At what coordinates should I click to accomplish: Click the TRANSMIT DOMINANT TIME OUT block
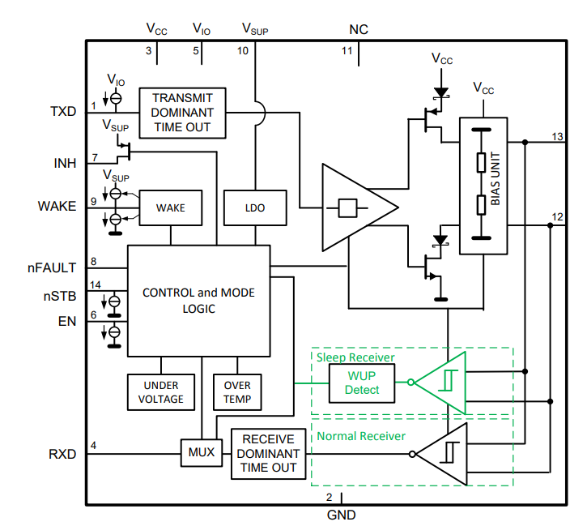[x=181, y=113]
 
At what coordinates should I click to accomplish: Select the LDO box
[x=254, y=207]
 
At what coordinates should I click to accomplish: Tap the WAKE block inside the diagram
[x=170, y=207]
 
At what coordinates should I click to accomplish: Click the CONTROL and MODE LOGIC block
[x=198, y=301]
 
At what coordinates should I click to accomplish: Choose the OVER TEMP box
[x=237, y=392]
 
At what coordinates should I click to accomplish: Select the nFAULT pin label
[x=57, y=267]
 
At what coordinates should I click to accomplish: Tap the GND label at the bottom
[x=340, y=515]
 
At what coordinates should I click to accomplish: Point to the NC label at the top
[x=359, y=30]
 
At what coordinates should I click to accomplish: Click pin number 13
[x=556, y=136]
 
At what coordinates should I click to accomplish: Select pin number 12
[x=556, y=217]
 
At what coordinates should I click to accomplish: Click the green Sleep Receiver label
[x=355, y=357]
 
